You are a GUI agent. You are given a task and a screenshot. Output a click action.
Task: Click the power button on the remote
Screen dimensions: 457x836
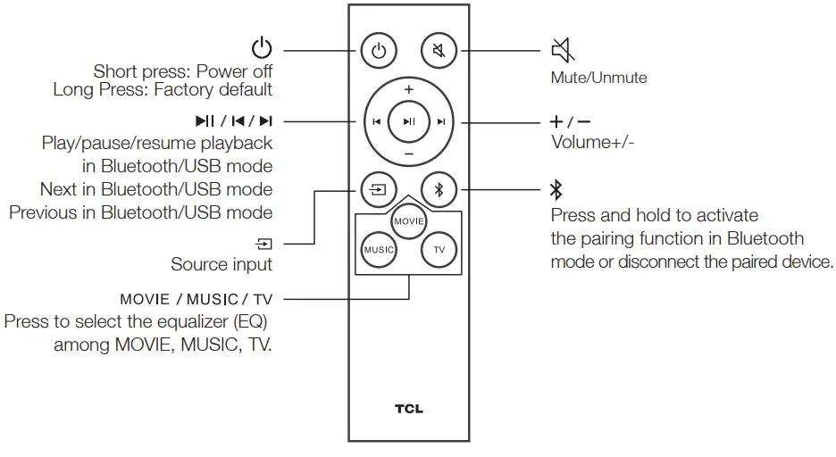[x=379, y=51]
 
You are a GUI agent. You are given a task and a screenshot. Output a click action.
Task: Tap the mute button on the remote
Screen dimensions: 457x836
[x=439, y=51]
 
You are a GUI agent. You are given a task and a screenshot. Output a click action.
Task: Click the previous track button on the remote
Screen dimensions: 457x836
[x=377, y=122]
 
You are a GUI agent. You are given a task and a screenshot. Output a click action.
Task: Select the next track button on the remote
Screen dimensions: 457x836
[x=440, y=122]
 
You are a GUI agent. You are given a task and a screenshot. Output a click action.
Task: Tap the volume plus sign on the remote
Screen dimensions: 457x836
[x=408, y=90]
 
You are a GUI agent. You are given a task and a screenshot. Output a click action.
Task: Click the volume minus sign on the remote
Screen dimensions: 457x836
[x=408, y=154]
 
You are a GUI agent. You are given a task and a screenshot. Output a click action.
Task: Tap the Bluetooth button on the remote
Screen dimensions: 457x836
[x=439, y=189]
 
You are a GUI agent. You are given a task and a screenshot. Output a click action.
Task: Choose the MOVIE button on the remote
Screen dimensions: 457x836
[x=408, y=220]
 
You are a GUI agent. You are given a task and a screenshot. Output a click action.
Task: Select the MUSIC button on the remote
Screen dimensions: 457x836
[x=379, y=250]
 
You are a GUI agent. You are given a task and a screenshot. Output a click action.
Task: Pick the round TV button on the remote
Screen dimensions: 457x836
[x=439, y=250]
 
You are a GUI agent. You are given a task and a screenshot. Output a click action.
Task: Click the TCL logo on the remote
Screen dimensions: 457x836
[x=408, y=410]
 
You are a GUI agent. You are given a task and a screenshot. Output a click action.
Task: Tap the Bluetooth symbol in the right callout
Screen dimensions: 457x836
[x=556, y=189]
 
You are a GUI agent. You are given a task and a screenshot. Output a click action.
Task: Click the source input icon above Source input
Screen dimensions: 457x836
[x=264, y=243]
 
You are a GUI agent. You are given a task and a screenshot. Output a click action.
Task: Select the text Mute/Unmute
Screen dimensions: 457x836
[x=598, y=78]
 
